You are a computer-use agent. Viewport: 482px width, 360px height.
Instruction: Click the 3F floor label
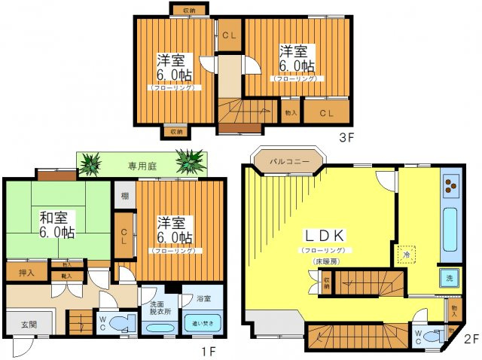point(345,138)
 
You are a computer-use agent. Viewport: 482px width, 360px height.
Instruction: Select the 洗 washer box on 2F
point(450,278)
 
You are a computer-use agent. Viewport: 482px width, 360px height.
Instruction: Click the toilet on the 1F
point(119,324)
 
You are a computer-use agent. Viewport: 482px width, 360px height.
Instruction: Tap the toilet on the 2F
point(432,335)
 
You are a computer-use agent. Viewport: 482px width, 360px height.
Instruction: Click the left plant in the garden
point(92,163)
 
